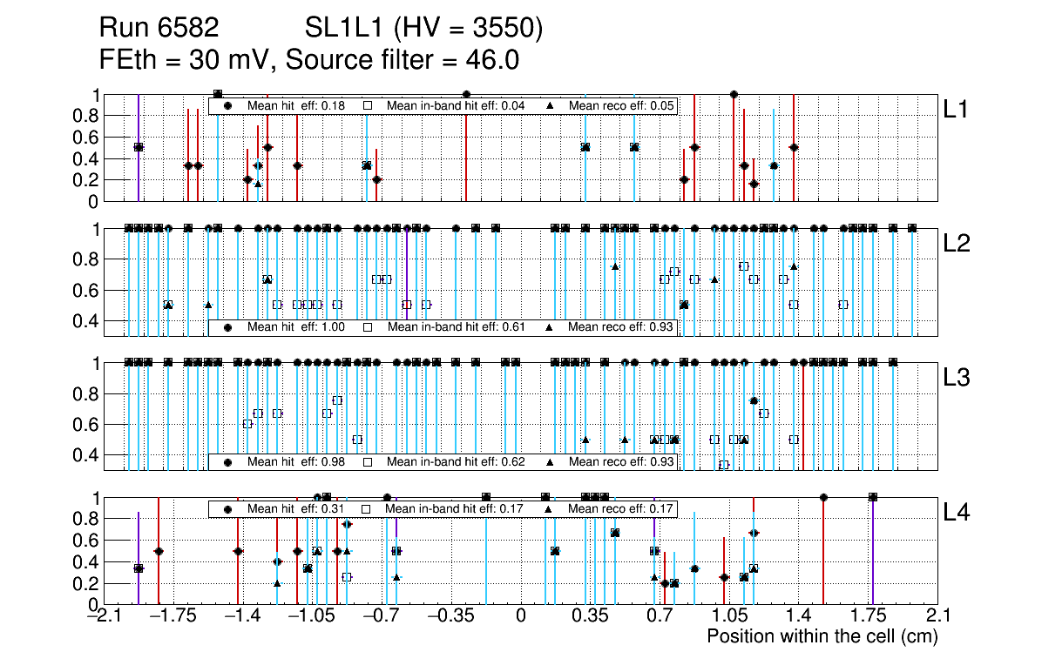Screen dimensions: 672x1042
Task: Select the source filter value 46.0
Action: point(495,60)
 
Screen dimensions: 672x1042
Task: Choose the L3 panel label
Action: point(957,377)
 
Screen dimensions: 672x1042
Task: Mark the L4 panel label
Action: point(957,513)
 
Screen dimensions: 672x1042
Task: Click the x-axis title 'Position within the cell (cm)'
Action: point(822,636)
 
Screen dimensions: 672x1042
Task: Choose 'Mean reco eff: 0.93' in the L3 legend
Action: point(619,461)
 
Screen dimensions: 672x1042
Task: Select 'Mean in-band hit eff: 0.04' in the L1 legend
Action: point(456,105)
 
